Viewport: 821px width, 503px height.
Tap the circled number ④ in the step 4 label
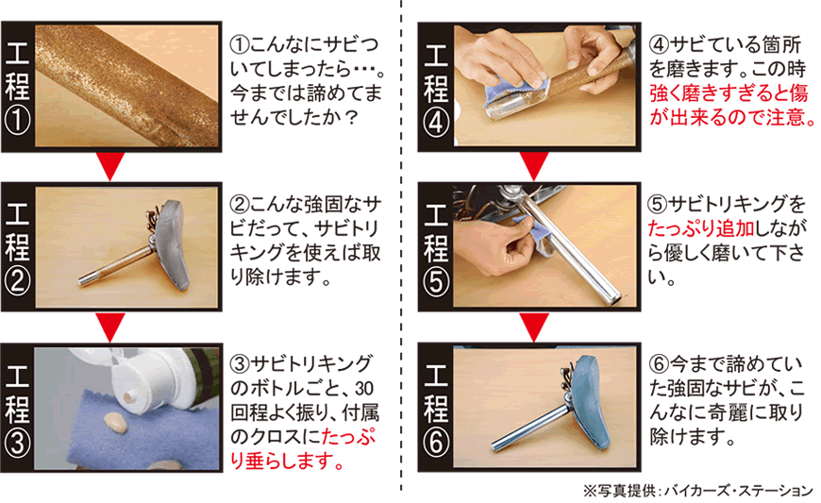click(436, 124)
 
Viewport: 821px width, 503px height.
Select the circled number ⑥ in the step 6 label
click(436, 443)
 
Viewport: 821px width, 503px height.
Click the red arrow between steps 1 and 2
click(110, 166)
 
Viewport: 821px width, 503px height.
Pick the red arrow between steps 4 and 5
click(534, 166)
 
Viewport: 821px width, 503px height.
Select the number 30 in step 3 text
click(364, 389)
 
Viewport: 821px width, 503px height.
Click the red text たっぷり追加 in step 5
click(701, 228)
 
